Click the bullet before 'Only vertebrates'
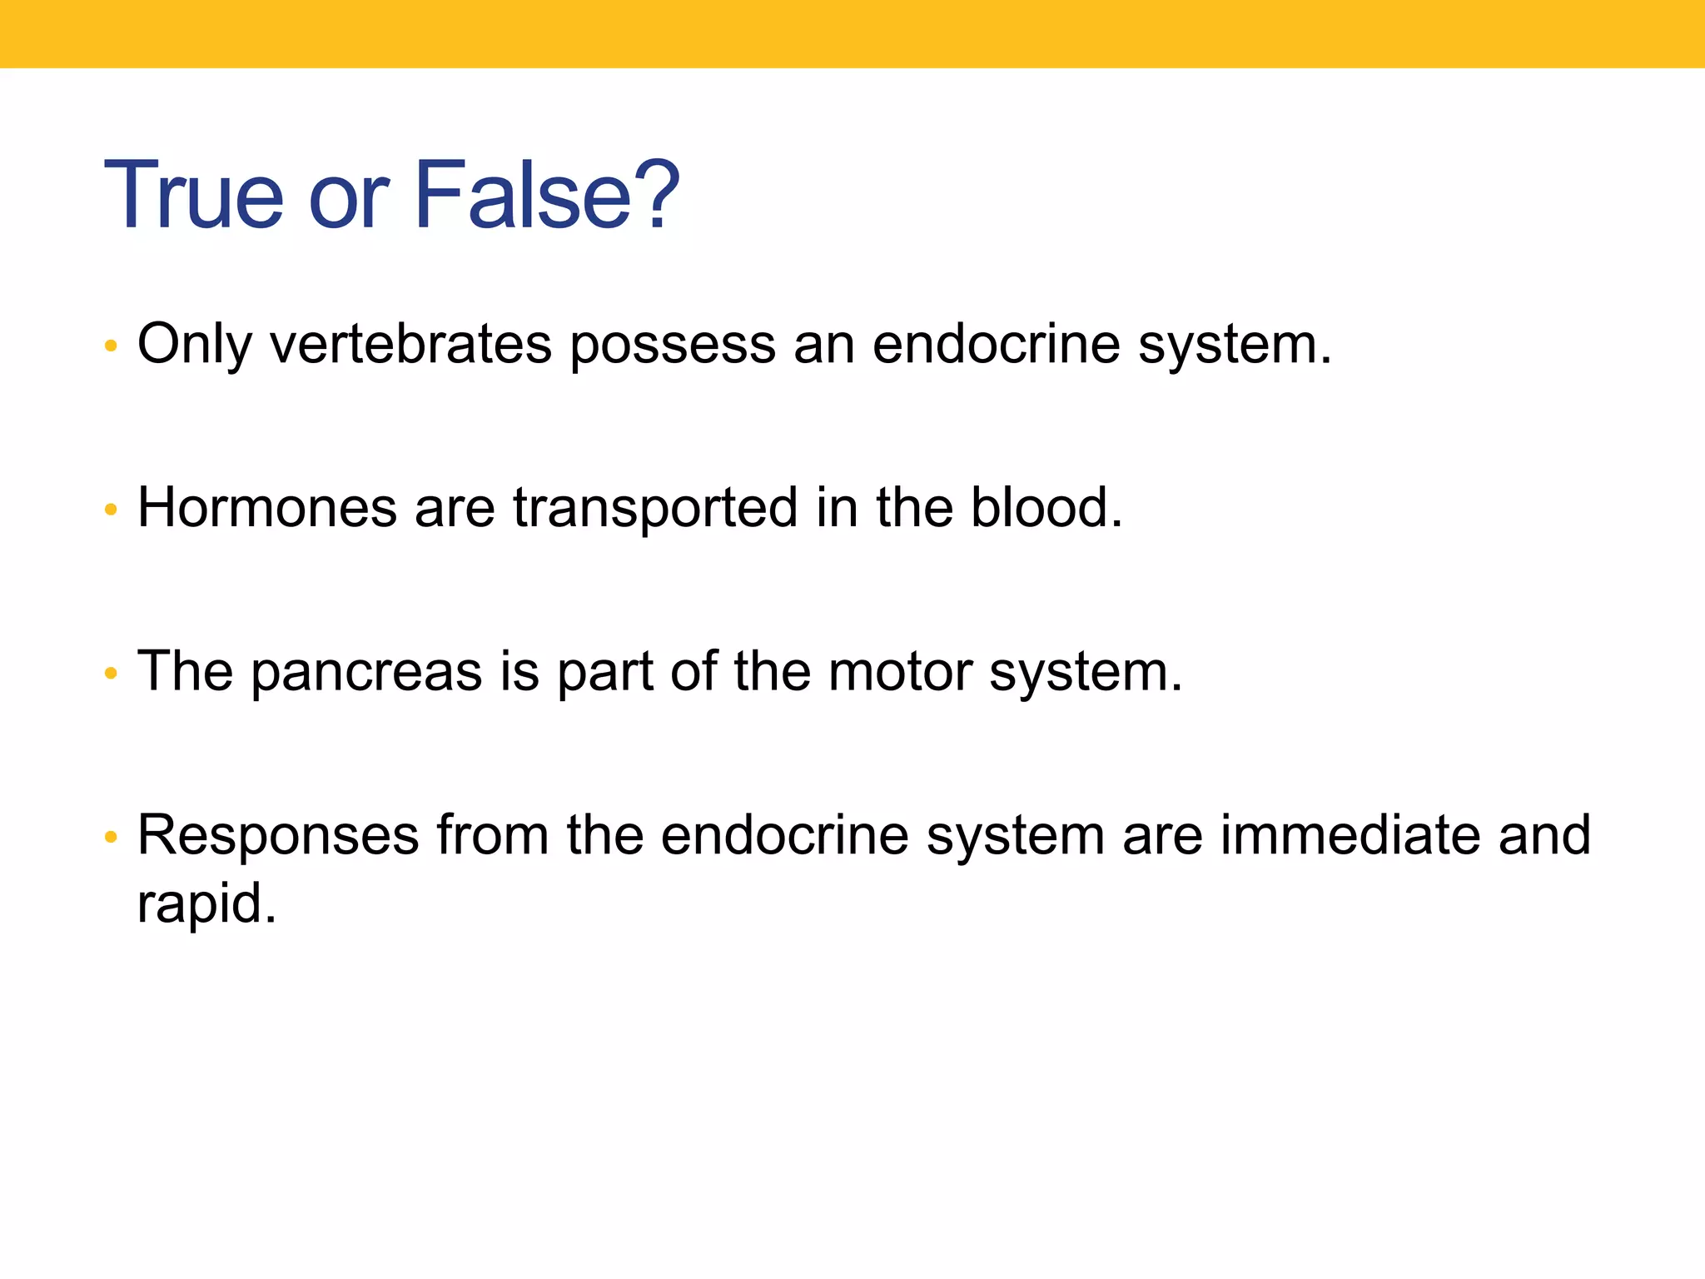click(111, 346)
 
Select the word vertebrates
click(410, 343)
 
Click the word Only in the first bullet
click(194, 343)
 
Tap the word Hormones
click(266, 507)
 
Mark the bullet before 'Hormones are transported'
click(111, 510)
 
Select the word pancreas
click(366, 673)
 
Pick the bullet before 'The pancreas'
click(111, 673)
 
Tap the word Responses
click(278, 836)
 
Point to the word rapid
click(206, 903)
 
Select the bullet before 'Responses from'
click(111, 837)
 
